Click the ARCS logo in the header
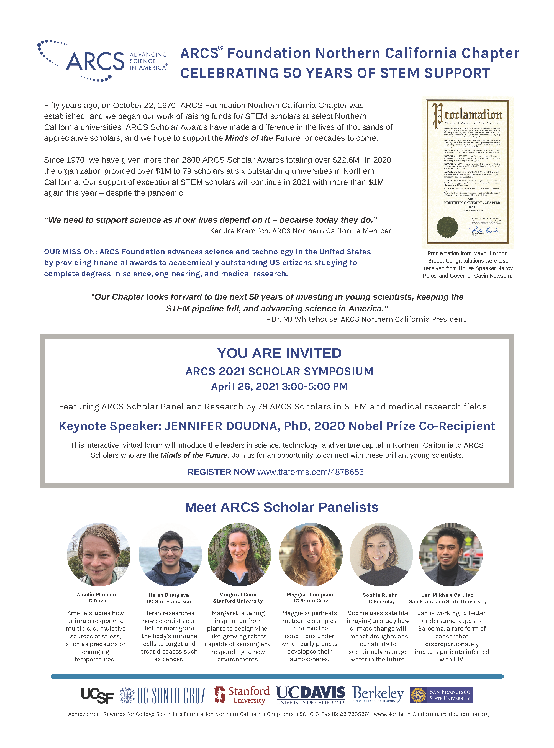[x=102, y=61]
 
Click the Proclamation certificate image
[x=468, y=172]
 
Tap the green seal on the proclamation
[x=447, y=227]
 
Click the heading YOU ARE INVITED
[x=279, y=353]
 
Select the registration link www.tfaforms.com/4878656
[x=310, y=472]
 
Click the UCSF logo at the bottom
[x=97, y=695]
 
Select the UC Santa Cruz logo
[x=162, y=695]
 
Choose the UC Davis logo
[x=311, y=695]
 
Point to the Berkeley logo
[x=378, y=694]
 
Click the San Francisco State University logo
[x=441, y=695]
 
